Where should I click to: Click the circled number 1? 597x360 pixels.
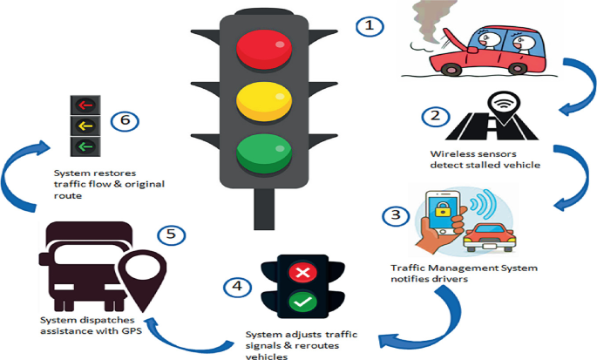[x=370, y=25]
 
